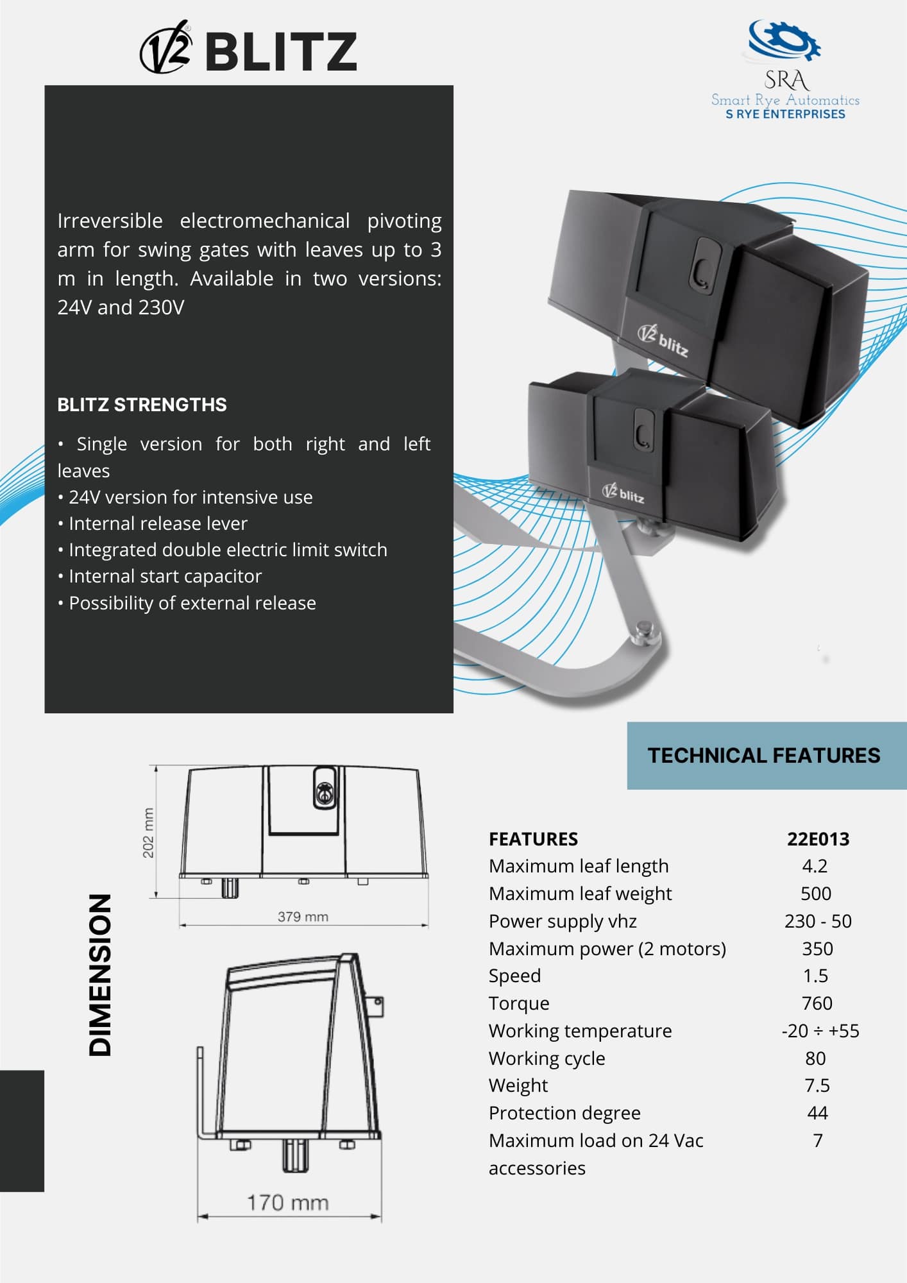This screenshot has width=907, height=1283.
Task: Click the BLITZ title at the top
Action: point(280,51)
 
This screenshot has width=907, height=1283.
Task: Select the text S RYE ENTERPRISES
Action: point(785,114)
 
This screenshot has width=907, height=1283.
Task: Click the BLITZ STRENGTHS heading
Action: point(142,405)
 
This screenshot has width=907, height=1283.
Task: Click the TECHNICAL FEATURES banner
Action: point(763,755)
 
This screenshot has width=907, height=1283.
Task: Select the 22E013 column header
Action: point(818,839)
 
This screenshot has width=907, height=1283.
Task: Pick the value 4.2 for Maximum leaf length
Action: point(815,866)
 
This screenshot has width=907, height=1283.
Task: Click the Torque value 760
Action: point(817,1003)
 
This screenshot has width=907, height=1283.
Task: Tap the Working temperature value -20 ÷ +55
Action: point(820,1031)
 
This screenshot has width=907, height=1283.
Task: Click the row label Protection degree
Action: point(564,1113)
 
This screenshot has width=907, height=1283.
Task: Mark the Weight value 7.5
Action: point(817,1085)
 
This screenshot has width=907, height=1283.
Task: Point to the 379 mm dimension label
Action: point(303,917)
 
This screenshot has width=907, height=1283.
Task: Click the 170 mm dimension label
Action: point(287,1203)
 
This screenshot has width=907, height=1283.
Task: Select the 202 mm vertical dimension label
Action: point(148,833)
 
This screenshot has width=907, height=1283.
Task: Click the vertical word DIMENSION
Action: point(100,974)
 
